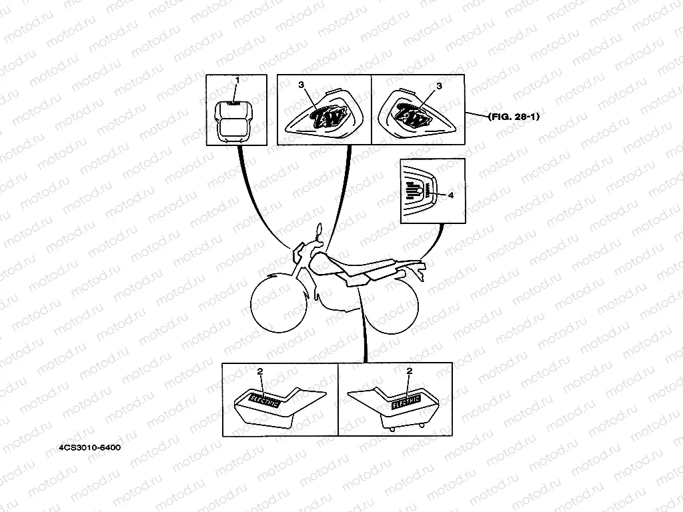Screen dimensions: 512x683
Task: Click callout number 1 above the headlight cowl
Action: click(x=236, y=80)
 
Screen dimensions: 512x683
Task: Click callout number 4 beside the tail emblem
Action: click(x=450, y=195)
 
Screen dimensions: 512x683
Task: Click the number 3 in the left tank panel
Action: click(x=301, y=85)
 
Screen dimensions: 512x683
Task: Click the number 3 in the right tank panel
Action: click(x=438, y=86)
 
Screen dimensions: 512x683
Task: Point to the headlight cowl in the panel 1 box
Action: click(x=234, y=120)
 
